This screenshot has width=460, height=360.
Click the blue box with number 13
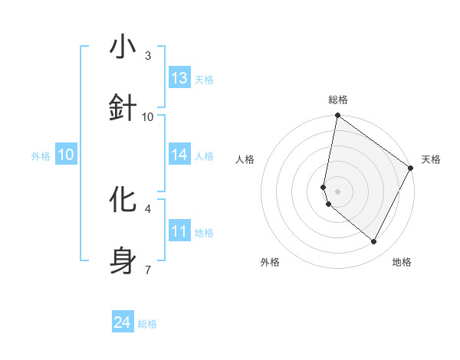179,77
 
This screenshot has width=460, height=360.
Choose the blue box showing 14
179,155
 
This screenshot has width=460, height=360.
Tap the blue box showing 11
179,231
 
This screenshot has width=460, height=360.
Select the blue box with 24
123,323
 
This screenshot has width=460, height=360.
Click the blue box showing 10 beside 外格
66,155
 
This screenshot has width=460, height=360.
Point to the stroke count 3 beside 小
148,56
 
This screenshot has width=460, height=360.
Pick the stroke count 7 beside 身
148,270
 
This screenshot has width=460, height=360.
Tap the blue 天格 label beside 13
204,79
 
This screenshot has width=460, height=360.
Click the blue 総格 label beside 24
147,324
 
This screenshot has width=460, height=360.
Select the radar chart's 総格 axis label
338,100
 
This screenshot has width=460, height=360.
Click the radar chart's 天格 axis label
431,159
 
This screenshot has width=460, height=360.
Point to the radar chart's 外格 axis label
270,262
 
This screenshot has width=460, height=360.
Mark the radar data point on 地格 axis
374,242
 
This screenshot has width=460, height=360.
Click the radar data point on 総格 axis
337,116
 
